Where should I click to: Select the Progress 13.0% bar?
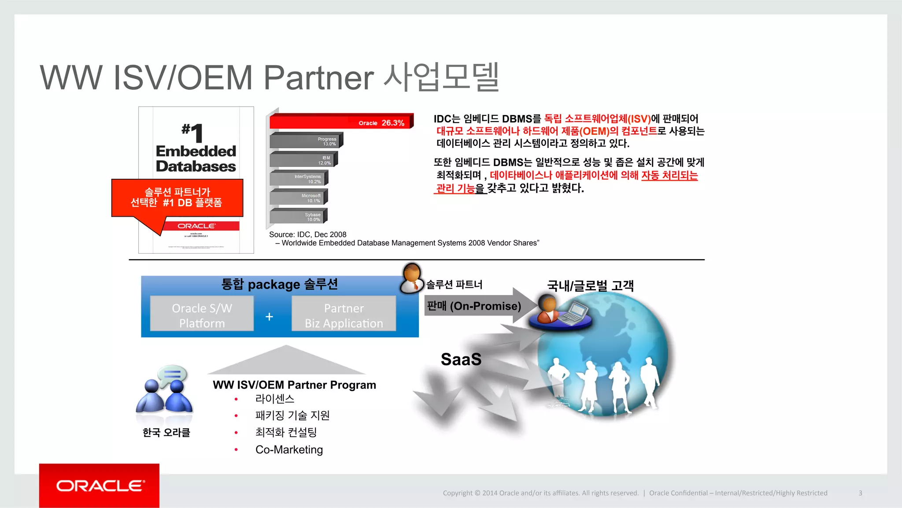coord(306,141)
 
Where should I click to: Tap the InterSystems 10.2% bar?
coord(298,178)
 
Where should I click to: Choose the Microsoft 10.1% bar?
coord(298,197)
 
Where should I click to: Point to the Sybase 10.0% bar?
coord(298,216)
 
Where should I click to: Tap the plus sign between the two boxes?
coord(269,316)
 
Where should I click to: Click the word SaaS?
coord(461,360)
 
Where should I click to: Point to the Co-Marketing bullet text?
coord(289,449)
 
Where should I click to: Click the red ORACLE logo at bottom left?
coord(100,486)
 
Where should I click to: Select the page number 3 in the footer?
coord(860,493)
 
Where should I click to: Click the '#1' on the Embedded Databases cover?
coord(192,132)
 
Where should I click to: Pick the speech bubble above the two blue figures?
coord(172,375)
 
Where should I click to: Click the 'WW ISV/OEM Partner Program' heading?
coord(294,385)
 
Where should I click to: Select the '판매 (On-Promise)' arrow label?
coord(474,306)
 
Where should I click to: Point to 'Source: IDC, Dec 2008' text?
coord(308,234)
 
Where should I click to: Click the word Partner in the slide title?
coord(318,78)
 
